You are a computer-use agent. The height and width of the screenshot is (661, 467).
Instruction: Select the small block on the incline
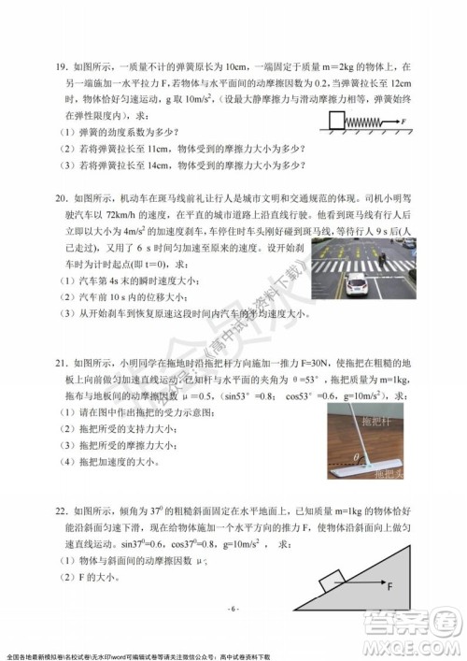click(333, 584)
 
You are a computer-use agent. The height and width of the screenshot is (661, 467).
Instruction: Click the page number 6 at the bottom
click(233, 609)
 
